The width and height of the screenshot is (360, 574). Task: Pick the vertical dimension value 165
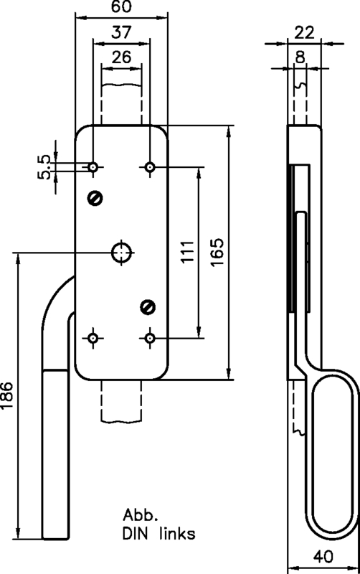(x=218, y=252)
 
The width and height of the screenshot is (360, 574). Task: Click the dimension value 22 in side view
(x=304, y=32)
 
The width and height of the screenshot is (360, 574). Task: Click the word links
(x=175, y=535)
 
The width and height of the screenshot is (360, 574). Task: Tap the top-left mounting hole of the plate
(x=93, y=167)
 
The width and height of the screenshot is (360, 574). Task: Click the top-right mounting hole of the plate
(x=149, y=167)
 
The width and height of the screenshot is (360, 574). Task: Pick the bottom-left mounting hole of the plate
(x=93, y=337)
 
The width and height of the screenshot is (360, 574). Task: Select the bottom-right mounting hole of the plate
(x=149, y=337)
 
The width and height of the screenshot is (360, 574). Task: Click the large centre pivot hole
(x=120, y=252)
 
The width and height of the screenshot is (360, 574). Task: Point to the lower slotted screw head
(x=147, y=307)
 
